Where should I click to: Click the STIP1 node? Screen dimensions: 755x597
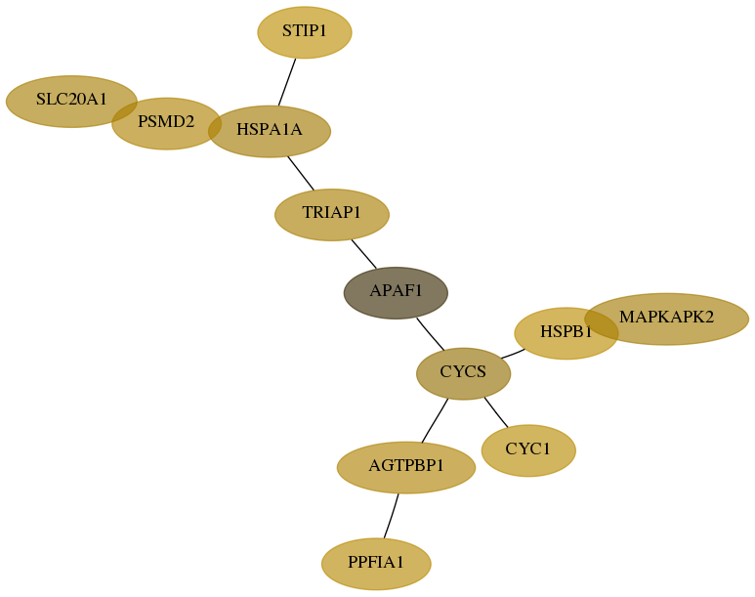(305, 32)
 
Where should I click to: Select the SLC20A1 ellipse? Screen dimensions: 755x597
(71, 102)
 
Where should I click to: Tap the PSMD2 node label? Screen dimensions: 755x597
(166, 122)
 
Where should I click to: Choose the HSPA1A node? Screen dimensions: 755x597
(270, 131)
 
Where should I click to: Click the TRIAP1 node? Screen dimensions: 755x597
(332, 214)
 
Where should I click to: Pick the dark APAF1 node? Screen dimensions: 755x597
(396, 292)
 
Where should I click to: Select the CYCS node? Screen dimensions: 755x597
(463, 373)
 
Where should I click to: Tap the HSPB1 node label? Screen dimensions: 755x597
(566, 331)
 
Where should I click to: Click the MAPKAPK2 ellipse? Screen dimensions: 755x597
(666, 319)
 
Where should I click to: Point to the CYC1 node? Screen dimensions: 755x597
(528, 450)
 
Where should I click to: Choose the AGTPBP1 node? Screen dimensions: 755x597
(406, 467)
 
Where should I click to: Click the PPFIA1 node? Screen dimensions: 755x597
(376, 564)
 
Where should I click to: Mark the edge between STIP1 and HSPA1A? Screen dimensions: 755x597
(287, 82)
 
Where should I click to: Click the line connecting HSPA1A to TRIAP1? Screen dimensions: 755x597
(301, 173)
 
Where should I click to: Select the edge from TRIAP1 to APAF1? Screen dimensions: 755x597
(364, 253)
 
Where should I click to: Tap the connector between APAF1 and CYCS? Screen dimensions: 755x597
(431, 334)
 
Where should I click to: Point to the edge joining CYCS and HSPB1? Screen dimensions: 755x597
(513, 354)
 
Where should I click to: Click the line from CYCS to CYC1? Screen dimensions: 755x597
(496, 412)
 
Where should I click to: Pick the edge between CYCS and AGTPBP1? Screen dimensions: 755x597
(435, 421)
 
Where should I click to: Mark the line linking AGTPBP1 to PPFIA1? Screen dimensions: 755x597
(391, 516)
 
